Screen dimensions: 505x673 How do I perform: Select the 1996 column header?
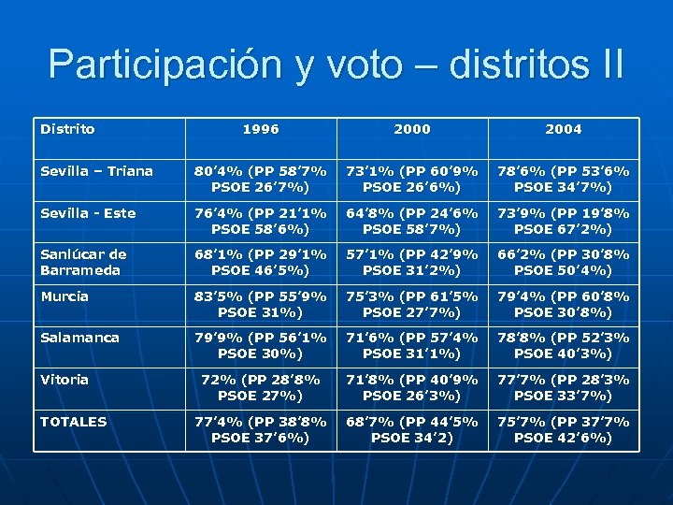coord(261,129)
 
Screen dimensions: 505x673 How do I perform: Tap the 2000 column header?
coord(412,129)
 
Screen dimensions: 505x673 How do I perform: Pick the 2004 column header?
coord(564,129)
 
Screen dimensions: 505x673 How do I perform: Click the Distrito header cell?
coord(67,129)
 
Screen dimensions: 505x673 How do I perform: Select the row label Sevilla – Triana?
coord(96,171)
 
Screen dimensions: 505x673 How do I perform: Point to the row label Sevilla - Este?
coord(88,213)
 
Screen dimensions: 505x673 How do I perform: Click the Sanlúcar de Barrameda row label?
coord(83,262)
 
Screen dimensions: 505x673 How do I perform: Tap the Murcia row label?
coord(64,296)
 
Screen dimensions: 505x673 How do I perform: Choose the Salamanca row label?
coord(79,338)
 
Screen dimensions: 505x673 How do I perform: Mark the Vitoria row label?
coord(64,380)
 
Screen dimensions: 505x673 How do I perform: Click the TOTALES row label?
coord(73,422)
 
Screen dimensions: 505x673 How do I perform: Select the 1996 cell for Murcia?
coord(261,304)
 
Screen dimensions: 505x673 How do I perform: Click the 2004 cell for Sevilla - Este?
coord(564,221)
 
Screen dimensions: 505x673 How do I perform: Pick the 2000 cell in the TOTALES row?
coord(412,429)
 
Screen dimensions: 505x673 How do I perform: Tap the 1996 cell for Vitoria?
coord(261,387)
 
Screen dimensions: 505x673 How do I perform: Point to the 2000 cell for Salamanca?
coord(412,345)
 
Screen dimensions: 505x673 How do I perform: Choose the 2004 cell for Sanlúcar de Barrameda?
coord(564,262)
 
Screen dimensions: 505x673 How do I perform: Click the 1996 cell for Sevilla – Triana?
coord(261,179)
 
